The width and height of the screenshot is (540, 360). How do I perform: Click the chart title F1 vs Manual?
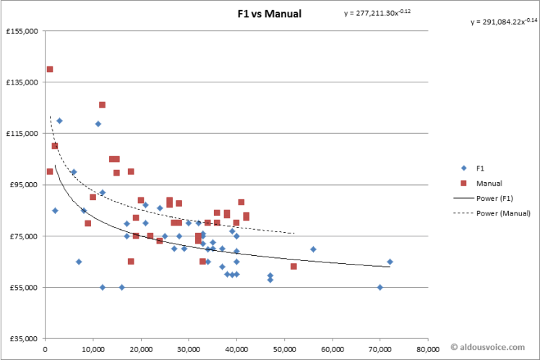(270, 14)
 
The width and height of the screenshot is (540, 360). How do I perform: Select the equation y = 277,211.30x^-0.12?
(377, 12)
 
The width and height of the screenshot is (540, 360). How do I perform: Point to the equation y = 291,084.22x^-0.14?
(505, 22)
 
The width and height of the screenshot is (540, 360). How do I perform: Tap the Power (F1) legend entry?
(489, 198)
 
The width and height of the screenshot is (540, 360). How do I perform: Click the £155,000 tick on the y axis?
(22, 31)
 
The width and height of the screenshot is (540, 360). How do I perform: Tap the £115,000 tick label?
(22, 133)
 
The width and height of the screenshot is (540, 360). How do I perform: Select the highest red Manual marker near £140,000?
(50, 69)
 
